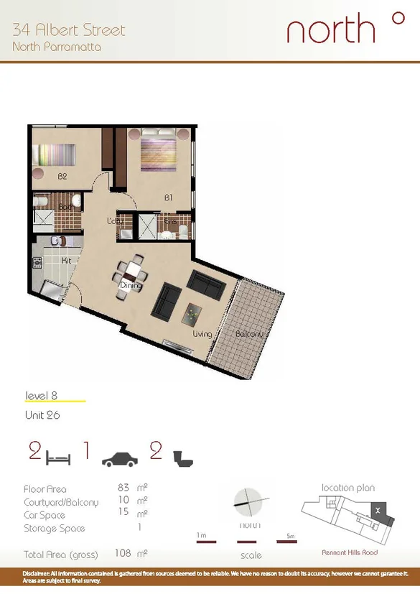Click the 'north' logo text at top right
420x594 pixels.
[x=331, y=30]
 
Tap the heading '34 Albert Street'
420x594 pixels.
[x=69, y=30]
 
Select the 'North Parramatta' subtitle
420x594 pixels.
[x=57, y=47]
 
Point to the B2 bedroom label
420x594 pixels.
[x=62, y=176]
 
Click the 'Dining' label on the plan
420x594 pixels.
[x=130, y=285]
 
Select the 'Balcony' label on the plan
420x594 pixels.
[x=251, y=334]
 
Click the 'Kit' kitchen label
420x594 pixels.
[x=66, y=260]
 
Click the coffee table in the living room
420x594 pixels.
[x=193, y=312]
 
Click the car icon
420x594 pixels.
[x=120, y=459]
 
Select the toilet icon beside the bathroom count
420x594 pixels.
[x=183, y=458]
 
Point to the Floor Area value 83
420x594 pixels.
[x=123, y=488]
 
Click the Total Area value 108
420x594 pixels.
[x=123, y=554]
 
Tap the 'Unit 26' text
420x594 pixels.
[x=42, y=415]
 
